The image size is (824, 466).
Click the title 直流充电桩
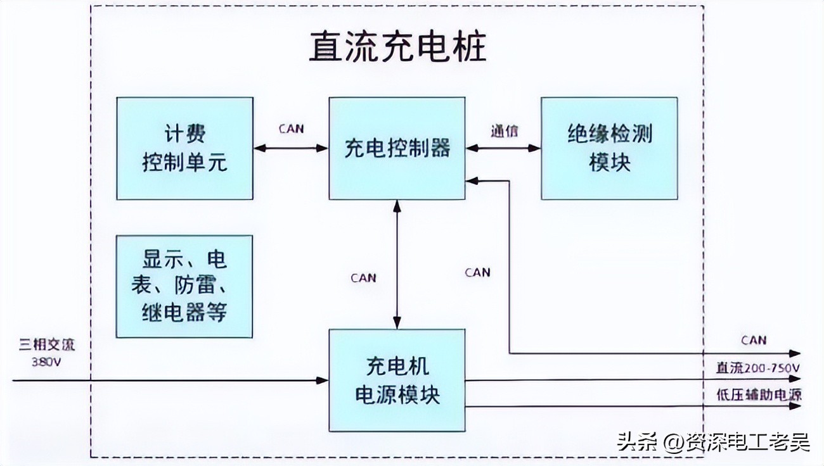pos(397,48)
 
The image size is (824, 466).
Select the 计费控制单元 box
pos(184,148)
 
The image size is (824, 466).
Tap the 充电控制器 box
pos(397,148)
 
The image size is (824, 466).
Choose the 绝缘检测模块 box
pos(608,148)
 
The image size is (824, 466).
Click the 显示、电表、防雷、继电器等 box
pos(184,286)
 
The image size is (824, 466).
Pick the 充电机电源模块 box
pos(397,380)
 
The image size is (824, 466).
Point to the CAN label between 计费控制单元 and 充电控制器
pos(291,129)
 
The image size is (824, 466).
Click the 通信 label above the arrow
pos(504,131)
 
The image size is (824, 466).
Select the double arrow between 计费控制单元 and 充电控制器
pos(291,148)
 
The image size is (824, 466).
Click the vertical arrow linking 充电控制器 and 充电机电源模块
pos(397,264)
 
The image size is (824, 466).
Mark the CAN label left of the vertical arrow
pos(363,278)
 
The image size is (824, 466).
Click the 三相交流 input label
pos(47,346)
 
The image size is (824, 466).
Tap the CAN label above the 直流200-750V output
pos(753,340)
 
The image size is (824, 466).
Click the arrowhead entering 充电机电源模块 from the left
pos(323,381)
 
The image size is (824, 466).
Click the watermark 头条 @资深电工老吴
pos(713,441)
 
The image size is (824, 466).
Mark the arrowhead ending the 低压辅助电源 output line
pos(795,406)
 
